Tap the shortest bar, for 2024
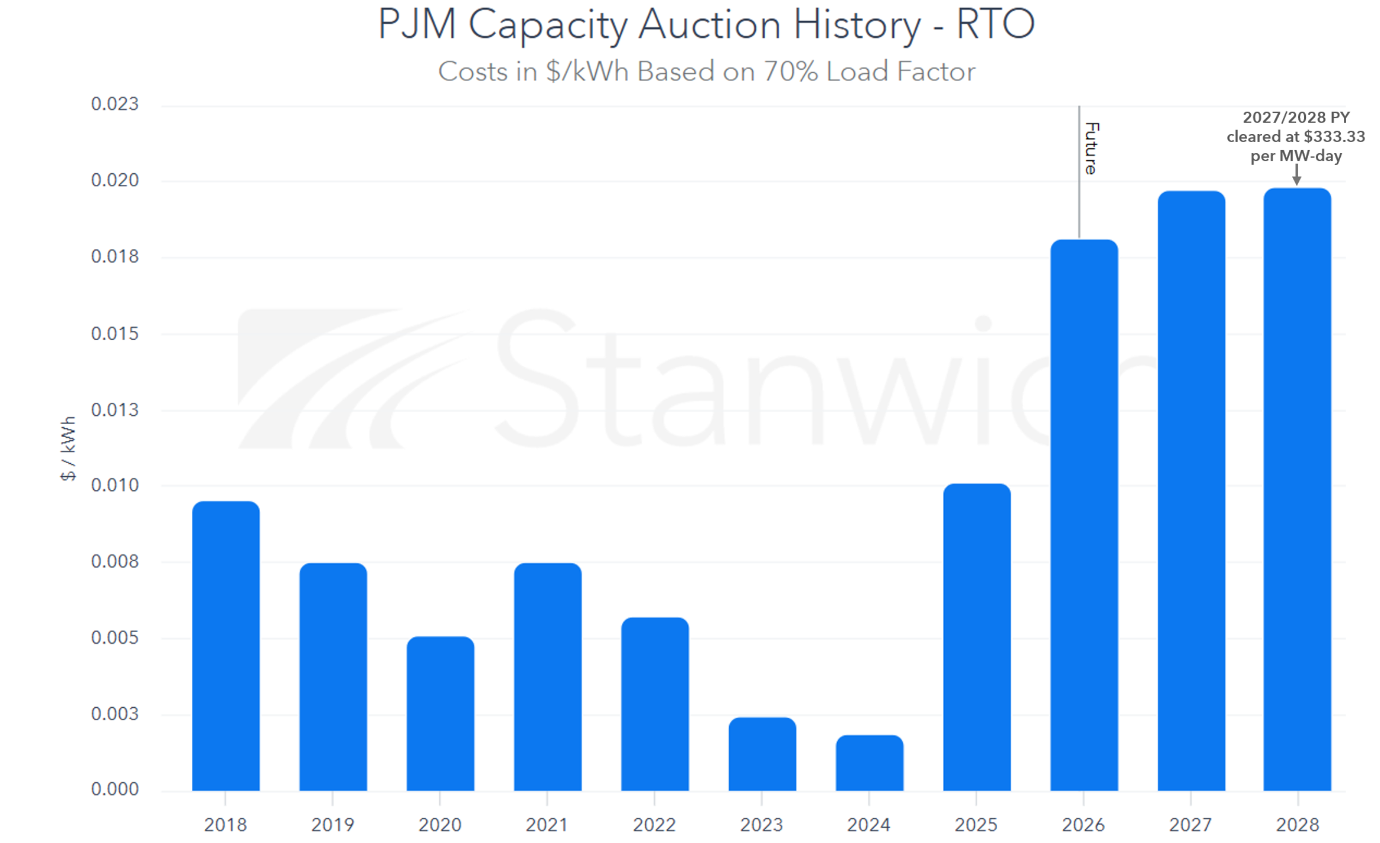pyautogui.click(x=869, y=763)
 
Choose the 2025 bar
pyautogui.click(x=977, y=637)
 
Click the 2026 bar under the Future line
pyautogui.click(x=1084, y=515)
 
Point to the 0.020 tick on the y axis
pyautogui.click(x=115, y=180)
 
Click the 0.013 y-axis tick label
pyautogui.click(x=115, y=409)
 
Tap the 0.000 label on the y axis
pyautogui.click(x=115, y=789)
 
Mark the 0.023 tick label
pyautogui.click(x=115, y=104)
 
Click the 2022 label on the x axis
pyautogui.click(x=654, y=824)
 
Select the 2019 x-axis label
pyautogui.click(x=332, y=824)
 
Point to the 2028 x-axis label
pyautogui.click(x=1298, y=824)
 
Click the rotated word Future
pyautogui.click(x=1092, y=148)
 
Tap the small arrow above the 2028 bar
pyautogui.click(x=1297, y=175)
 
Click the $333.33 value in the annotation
pyautogui.click(x=1334, y=137)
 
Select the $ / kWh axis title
pyautogui.click(x=68, y=448)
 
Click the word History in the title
pyautogui.click(x=856, y=25)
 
